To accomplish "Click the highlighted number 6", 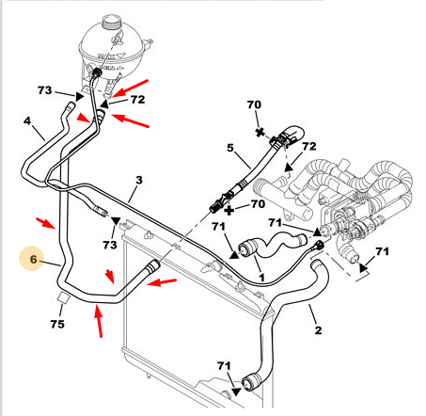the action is point(34,259).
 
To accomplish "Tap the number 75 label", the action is point(57,324).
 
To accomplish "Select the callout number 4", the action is point(27,120).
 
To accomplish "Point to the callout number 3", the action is point(139,180).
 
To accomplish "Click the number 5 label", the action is point(230,148).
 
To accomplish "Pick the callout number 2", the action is point(318,330).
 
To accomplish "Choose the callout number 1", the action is point(261,278).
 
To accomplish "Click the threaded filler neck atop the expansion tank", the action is point(111,22).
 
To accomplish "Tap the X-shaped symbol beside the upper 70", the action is point(260,133).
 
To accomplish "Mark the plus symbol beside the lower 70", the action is point(229,210).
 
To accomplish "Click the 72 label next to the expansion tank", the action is point(138,100).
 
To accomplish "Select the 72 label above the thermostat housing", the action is point(309,146).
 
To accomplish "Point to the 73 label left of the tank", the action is point(44,90).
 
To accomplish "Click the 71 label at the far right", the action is point(382,251).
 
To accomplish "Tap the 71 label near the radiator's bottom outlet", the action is point(224,366).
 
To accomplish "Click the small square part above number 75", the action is point(64,297).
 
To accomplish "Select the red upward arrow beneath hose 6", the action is point(99,321).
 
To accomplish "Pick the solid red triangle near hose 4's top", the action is point(84,118).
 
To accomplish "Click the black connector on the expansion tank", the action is point(97,72).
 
